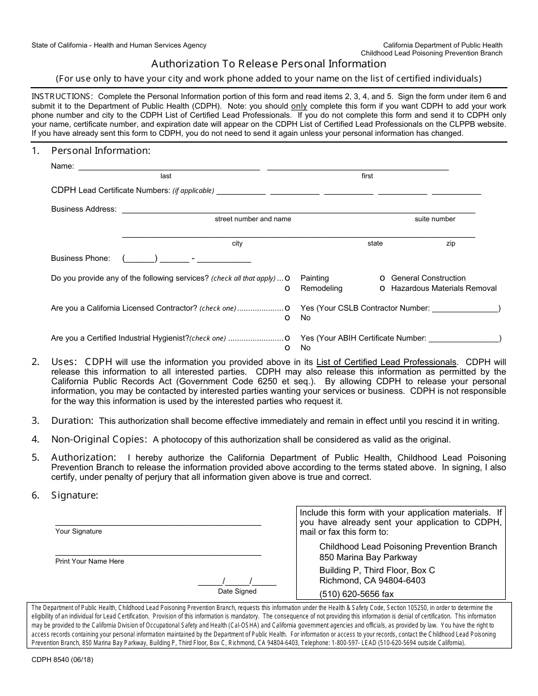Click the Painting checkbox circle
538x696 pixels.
pos(288,278)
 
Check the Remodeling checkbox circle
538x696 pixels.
pos(288,289)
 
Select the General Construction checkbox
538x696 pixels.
pos(383,278)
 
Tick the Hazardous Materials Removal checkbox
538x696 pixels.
pos(383,289)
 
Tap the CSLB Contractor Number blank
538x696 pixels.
pos(464,309)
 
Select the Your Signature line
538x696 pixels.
pos(158,523)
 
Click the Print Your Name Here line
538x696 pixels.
pos(158,553)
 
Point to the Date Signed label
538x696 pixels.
pos(237,591)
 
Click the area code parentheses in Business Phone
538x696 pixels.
pos(139,259)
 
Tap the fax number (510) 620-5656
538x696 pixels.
pos(356,594)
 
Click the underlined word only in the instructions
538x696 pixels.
pos(299,106)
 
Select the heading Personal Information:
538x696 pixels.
pos(101,151)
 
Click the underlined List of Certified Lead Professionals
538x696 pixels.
pos(386,362)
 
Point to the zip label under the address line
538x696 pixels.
pos(451,243)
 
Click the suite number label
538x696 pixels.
pos(435,219)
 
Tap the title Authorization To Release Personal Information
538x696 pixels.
pos(268,64)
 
